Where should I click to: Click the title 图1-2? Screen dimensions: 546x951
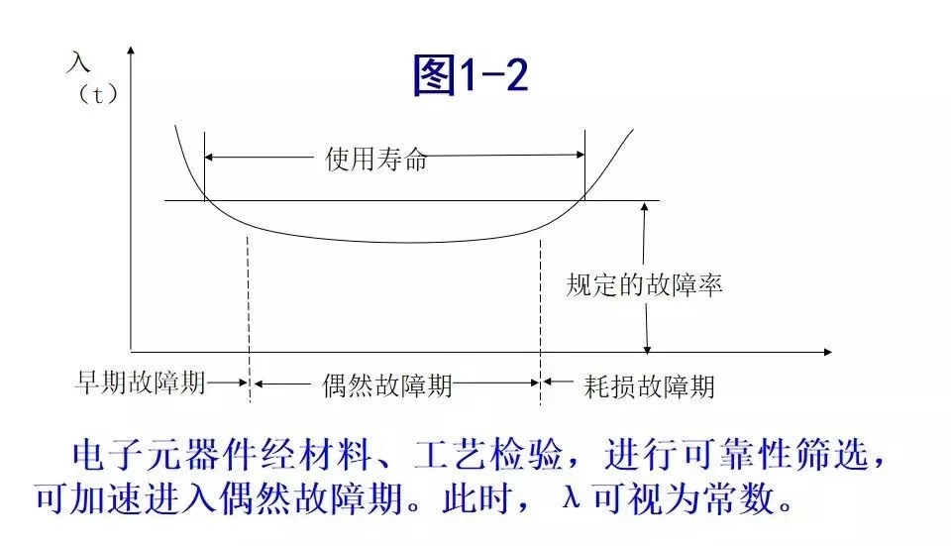[472, 76]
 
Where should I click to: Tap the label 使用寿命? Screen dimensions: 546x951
[376, 159]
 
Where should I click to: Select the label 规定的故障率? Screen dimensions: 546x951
[644, 286]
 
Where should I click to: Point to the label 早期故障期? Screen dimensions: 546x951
[141, 383]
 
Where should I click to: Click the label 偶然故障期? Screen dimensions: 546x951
[387, 384]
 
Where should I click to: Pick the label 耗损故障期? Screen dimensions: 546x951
[650, 384]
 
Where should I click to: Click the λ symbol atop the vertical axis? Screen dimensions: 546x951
[78, 62]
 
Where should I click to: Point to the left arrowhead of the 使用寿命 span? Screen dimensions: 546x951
[210, 155]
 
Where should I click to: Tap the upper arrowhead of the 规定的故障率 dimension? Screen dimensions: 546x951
[646, 208]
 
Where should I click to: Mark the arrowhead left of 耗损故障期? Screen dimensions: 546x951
[547, 382]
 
